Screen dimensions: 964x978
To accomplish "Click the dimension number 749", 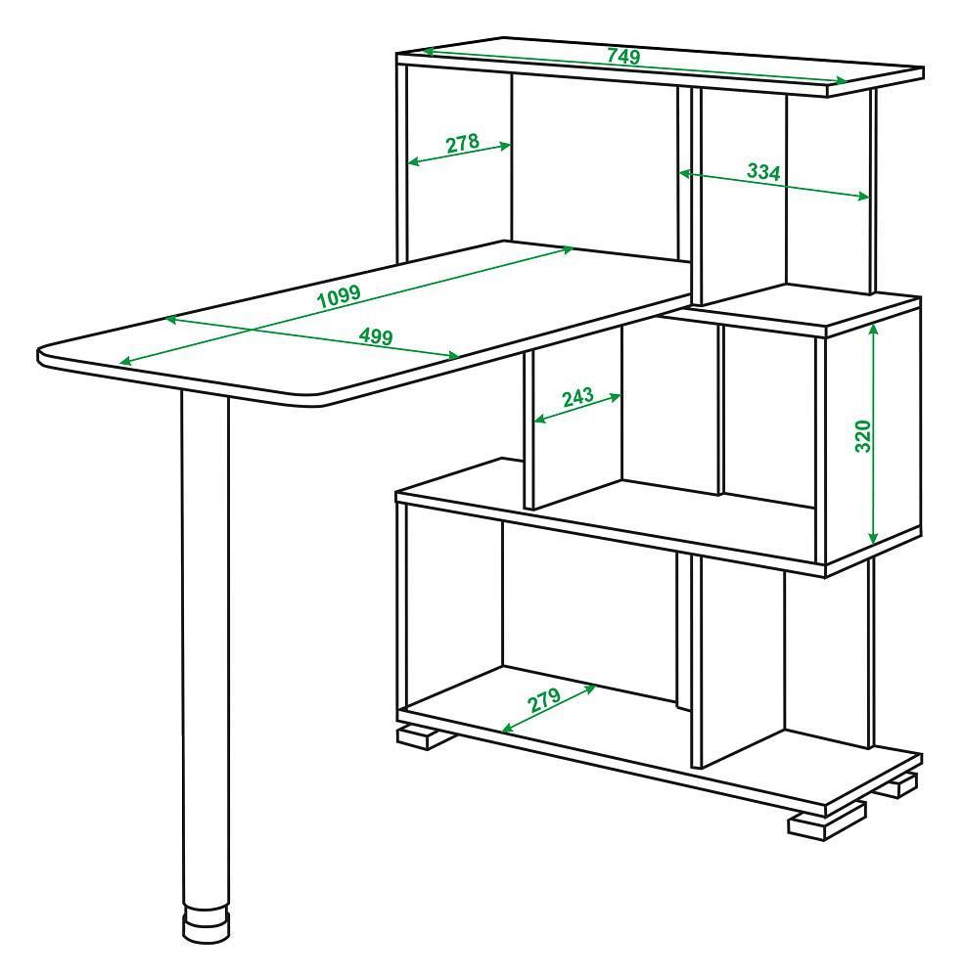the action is [x=623, y=56].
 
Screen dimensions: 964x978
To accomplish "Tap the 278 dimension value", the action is [x=463, y=143].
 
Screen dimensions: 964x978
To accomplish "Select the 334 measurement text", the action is [x=763, y=171].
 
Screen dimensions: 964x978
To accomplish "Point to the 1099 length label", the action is [x=339, y=296].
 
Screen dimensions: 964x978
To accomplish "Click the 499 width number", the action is [x=376, y=336].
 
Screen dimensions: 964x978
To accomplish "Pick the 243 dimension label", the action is [x=577, y=397].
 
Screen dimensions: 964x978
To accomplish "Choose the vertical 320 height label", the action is [x=863, y=436].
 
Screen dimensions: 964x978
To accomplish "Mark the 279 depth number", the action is [x=544, y=700].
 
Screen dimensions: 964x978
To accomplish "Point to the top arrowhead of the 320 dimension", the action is [x=873, y=330].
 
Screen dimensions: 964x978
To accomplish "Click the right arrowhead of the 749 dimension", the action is [x=842, y=80].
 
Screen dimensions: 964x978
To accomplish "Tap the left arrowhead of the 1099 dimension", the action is [x=125, y=362].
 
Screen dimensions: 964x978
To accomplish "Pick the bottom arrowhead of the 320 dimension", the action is [x=873, y=538].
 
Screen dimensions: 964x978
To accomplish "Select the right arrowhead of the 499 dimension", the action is [x=454, y=356].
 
